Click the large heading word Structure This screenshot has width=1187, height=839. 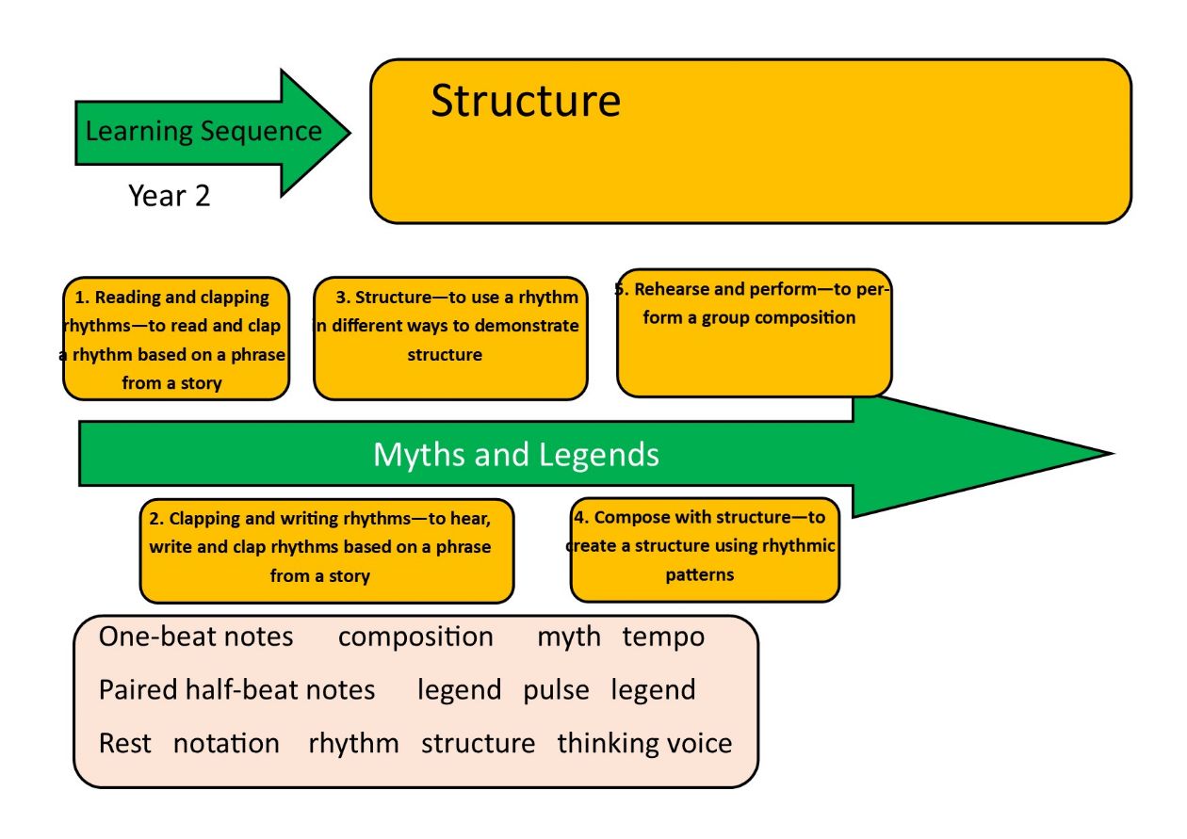click(x=526, y=101)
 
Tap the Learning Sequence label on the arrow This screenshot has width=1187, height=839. click(x=203, y=132)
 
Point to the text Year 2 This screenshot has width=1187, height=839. click(x=169, y=196)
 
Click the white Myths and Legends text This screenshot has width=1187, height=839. click(x=516, y=455)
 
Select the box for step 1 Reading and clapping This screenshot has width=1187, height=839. click(x=176, y=338)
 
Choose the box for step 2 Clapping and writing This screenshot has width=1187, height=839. click(x=327, y=551)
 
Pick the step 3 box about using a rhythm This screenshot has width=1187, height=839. click(x=450, y=338)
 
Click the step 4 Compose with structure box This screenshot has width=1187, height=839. click(x=705, y=550)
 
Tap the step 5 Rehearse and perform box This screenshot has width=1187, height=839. click(x=755, y=332)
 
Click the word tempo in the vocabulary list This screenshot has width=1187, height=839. click(x=663, y=637)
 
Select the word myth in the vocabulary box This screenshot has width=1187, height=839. click(x=569, y=637)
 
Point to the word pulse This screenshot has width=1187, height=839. click(x=556, y=691)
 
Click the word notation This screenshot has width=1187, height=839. click(x=226, y=743)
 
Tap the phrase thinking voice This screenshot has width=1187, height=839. click(x=644, y=743)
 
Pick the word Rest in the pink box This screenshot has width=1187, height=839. click(x=125, y=743)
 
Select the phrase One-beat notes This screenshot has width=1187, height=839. click(x=196, y=637)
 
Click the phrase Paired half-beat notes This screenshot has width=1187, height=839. click(x=236, y=689)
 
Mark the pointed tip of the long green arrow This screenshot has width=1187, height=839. click(x=1114, y=454)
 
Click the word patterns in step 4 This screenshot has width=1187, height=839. click(x=699, y=575)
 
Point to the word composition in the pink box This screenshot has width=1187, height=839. click(x=415, y=637)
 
